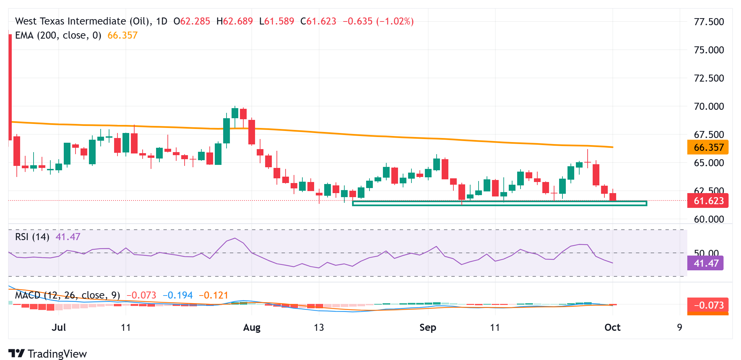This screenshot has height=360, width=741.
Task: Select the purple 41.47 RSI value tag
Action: coord(705,263)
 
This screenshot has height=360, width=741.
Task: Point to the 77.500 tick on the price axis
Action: coord(709,22)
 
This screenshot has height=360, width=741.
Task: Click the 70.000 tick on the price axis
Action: coord(709,106)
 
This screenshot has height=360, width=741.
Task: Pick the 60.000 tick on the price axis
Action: coord(709,219)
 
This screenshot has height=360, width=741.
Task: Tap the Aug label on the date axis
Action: coord(252,327)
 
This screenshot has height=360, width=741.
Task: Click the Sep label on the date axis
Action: coord(428,327)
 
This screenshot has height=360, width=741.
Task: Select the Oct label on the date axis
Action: coord(612,327)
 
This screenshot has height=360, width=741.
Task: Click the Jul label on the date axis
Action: coord(59,327)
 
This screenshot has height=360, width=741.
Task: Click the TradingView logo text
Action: coord(57,354)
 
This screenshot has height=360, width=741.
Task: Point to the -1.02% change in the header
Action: coord(395,21)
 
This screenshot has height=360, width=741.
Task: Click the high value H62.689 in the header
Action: coord(234,21)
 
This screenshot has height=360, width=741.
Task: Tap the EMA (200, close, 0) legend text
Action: coord(58,35)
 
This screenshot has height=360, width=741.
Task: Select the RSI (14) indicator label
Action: coord(32,237)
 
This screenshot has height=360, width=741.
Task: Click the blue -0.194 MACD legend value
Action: coord(178,295)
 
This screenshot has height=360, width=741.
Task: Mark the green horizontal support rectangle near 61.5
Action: coord(499,203)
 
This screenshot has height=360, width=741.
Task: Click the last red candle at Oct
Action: coord(613,197)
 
